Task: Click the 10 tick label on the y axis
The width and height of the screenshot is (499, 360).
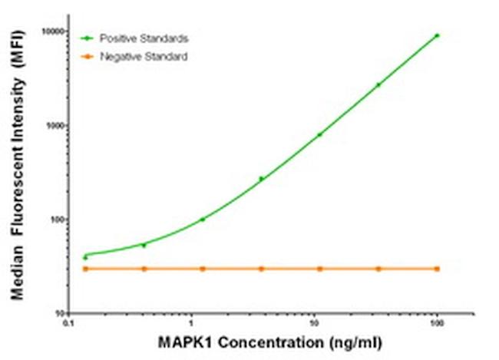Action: (x=55, y=315)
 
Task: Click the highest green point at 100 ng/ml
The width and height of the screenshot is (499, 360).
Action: (x=438, y=35)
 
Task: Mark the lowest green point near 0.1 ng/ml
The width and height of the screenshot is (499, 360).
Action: (x=85, y=257)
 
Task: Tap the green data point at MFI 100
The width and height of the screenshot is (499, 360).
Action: (x=203, y=220)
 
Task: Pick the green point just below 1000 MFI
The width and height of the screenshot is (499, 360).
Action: (x=320, y=134)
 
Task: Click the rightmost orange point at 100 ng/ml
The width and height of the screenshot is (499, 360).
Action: (x=438, y=269)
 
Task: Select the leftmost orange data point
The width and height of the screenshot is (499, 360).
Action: (x=85, y=269)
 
